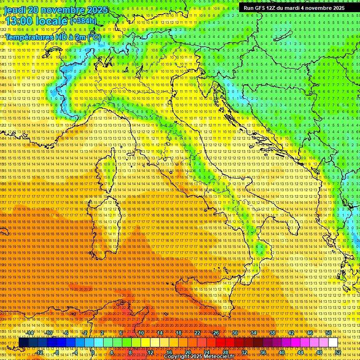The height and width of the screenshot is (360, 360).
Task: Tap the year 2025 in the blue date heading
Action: click(x=97, y=10)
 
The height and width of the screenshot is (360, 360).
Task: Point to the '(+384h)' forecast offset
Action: click(x=83, y=21)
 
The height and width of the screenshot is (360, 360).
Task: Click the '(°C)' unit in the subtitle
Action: click(x=93, y=37)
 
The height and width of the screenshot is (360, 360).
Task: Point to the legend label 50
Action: click(x=329, y=332)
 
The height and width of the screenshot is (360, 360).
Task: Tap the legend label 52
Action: click(x=338, y=352)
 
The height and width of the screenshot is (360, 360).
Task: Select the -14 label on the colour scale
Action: click(x=30, y=332)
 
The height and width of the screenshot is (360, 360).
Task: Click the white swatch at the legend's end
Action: click(x=333, y=342)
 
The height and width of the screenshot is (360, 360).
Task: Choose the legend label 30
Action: click(x=235, y=332)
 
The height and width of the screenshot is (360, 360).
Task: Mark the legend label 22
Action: click(x=197, y=332)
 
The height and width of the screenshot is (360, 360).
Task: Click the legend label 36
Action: click(x=263, y=352)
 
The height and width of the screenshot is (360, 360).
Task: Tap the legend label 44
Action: click(x=300, y=352)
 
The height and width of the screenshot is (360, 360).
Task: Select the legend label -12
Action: click(x=40, y=352)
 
